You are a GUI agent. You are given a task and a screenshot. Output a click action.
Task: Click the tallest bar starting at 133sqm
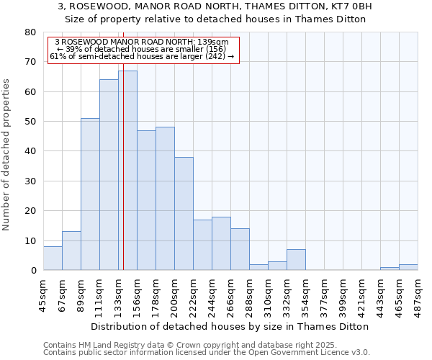(x=127, y=171)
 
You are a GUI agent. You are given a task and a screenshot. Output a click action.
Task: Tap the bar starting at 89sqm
(x=90, y=194)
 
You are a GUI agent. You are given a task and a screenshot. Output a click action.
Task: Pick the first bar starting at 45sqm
(x=53, y=258)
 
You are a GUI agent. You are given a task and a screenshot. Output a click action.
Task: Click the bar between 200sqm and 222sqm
(x=184, y=214)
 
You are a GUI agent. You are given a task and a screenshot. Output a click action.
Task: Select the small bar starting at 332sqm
(x=296, y=260)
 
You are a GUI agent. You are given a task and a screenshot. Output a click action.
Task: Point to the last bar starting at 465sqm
(x=408, y=267)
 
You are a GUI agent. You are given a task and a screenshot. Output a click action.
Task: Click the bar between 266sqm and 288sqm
(x=240, y=250)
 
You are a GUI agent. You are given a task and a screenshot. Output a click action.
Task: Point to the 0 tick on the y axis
(x=33, y=271)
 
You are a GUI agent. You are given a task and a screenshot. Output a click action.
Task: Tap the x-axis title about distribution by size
(x=230, y=326)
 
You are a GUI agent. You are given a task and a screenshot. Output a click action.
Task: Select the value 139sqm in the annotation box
(x=214, y=42)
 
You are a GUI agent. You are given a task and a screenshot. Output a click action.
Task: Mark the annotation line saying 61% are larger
(x=142, y=57)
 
